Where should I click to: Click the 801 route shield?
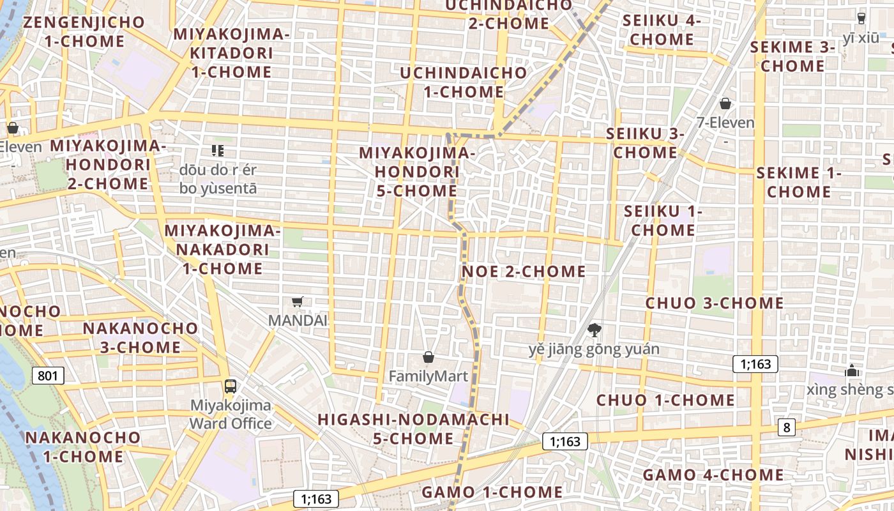point(48,375)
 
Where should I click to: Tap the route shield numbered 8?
point(786,427)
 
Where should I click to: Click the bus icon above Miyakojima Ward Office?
point(230,386)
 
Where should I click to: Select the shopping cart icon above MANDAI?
point(297,301)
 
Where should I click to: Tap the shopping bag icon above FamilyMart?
point(428,357)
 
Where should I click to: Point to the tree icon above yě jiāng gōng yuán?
point(595,330)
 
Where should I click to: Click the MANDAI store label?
point(298,320)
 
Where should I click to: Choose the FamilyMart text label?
point(428,376)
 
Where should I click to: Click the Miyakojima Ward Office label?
point(231,414)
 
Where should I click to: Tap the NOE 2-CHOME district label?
point(524,271)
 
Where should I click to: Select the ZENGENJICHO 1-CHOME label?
point(84,32)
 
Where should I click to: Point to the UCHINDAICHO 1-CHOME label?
point(464,82)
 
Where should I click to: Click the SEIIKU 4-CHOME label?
point(662,30)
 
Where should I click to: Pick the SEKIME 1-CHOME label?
point(799,182)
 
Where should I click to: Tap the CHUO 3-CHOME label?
point(715,303)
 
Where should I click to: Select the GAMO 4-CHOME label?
point(713,475)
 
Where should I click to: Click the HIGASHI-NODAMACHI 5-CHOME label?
point(413,429)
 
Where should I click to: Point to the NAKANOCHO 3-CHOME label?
point(140,338)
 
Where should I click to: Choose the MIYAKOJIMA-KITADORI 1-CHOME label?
point(231,52)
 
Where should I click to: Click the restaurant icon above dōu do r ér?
point(218,151)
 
